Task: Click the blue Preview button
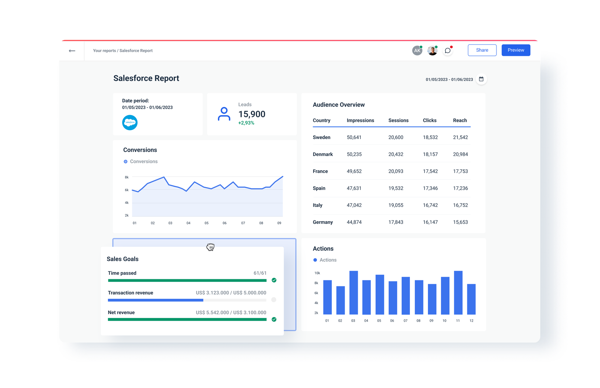(x=516, y=50)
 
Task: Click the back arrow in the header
(x=72, y=51)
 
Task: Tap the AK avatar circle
(x=417, y=51)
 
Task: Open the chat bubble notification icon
(x=447, y=51)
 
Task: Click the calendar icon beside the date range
(x=481, y=79)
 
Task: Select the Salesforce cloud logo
(x=130, y=123)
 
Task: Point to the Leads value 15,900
(x=252, y=114)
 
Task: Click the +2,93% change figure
(x=246, y=123)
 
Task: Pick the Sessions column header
(x=398, y=120)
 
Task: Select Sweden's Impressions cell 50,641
(x=354, y=137)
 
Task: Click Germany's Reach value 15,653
(x=460, y=222)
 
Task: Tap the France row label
(x=320, y=171)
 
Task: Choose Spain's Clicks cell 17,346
(x=430, y=188)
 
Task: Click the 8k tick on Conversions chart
(x=127, y=177)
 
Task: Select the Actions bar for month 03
(x=353, y=292)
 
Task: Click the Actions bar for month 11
(x=458, y=292)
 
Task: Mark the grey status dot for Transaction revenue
(x=274, y=300)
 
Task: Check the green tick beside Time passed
(x=274, y=280)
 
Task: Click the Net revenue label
(x=121, y=312)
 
